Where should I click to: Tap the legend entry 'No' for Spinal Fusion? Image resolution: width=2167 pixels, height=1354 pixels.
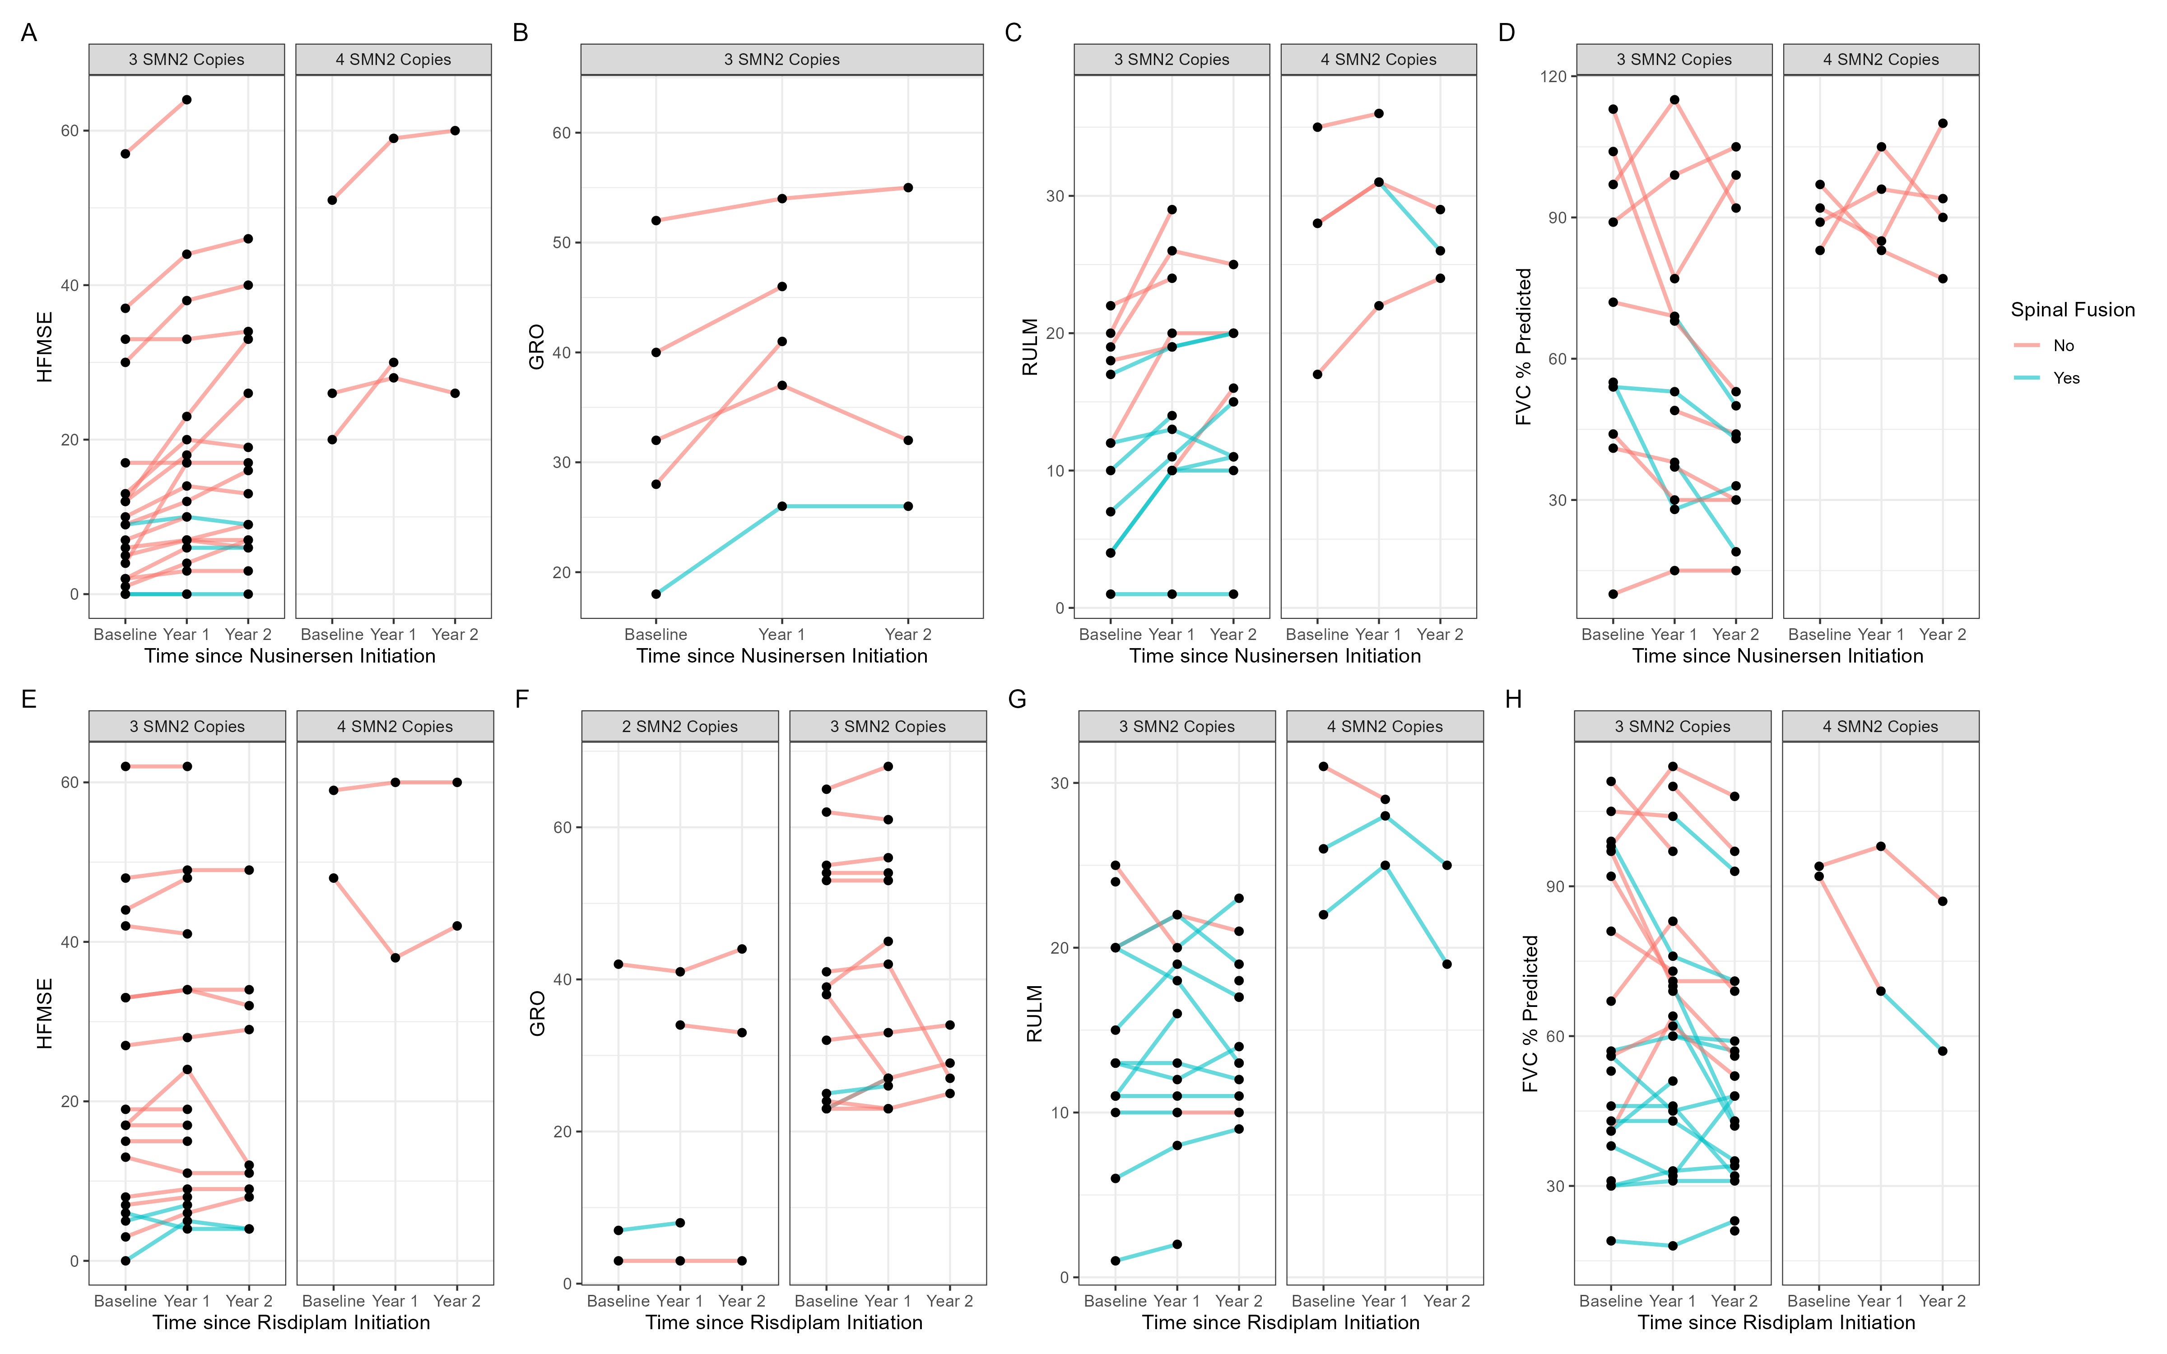pyautogui.click(x=2063, y=346)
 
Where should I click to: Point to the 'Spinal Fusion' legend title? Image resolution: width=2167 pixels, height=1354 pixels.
pyautogui.click(x=2072, y=310)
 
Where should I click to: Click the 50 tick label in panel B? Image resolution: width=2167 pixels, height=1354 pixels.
pyautogui.click(x=562, y=243)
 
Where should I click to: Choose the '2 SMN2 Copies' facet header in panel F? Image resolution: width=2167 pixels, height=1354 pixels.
pyautogui.click(x=679, y=726)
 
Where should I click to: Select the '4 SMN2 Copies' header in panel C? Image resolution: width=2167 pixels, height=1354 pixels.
pyautogui.click(x=1378, y=59)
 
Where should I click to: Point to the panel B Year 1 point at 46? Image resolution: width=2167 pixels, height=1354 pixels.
pyautogui.click(x=782, y=287)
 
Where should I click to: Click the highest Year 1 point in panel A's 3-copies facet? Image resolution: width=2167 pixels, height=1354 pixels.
pyautogui.click(x=186, y=99)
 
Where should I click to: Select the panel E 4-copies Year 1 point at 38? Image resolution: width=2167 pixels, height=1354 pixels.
pyautogui.click(x=395, y=957)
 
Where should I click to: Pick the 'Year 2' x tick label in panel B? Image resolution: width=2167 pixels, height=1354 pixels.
pyautogui.click(x=908, y=634)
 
